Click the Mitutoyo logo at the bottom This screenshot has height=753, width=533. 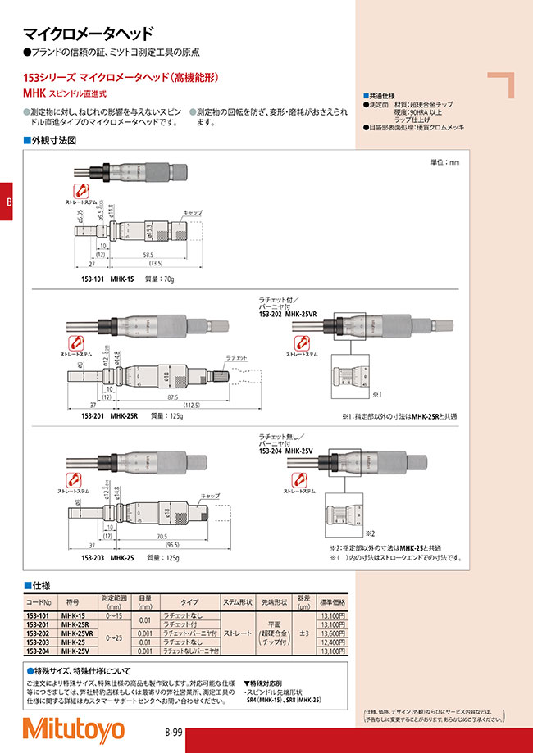pos(73,728)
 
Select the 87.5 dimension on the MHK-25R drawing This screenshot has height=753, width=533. pos(172,395)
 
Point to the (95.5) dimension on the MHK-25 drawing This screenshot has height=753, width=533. pos(172,544)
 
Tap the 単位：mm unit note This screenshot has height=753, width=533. pos(444,163)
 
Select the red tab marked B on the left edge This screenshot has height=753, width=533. pos(7,203)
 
